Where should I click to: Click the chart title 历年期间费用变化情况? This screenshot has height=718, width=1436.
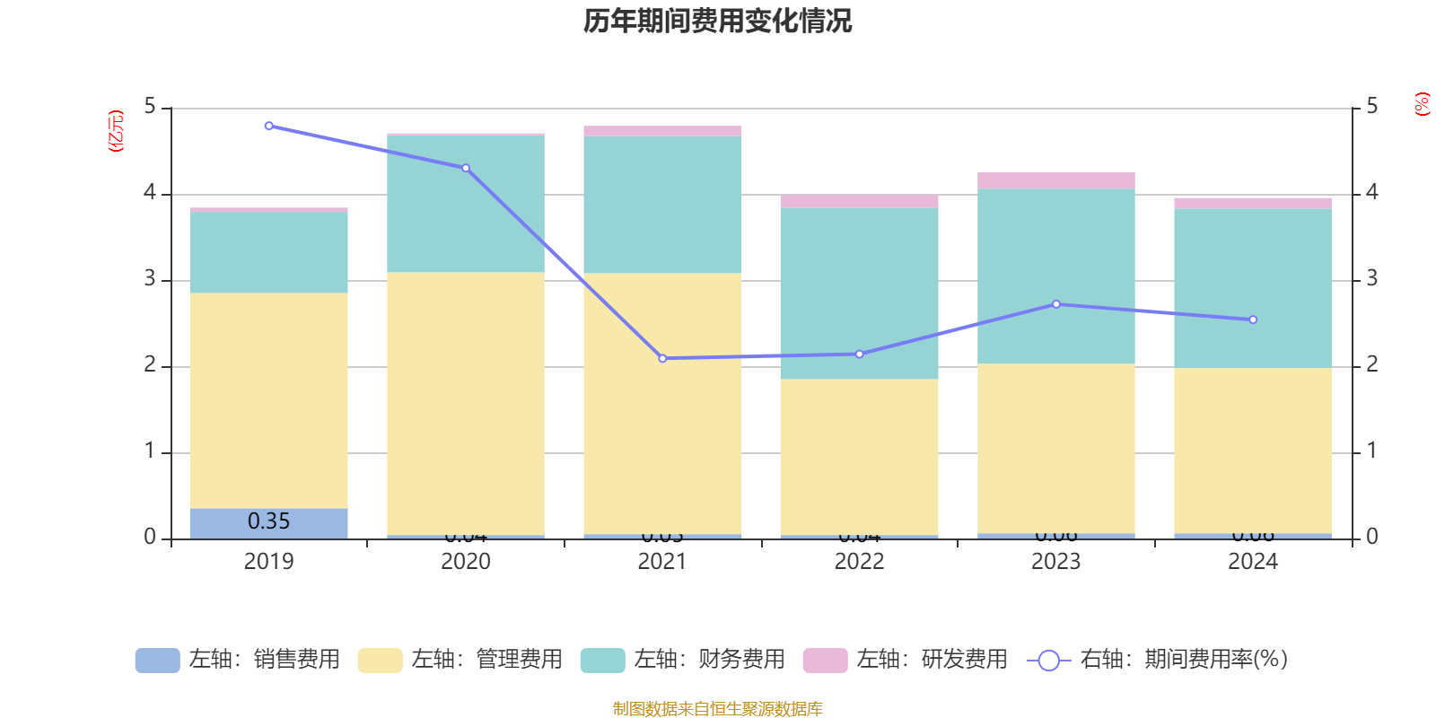[717, 21]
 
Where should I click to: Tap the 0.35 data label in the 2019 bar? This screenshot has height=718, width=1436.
[268, 521]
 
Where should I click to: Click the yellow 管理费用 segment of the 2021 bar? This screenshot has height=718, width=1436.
[662, 404]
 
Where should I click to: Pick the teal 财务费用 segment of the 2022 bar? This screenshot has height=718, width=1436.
[859, 293]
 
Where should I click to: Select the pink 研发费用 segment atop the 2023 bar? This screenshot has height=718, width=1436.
[1055, 180]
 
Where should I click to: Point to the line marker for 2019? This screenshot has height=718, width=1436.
[269, 126]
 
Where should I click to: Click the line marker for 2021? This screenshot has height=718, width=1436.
[662, 358]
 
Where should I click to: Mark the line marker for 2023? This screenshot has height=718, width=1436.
[1055, 304]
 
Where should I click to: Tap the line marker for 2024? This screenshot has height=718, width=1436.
[1253, 320]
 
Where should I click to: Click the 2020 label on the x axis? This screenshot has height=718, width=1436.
[466, 562]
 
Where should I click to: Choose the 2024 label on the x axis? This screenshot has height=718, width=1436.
[1253, 562]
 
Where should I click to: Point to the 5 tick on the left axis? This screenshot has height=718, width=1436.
[150, 107]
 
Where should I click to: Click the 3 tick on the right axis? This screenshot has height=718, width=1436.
[1371, 279]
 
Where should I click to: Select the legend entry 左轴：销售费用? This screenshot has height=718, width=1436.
[238, 660]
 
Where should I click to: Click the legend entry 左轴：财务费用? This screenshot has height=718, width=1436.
[683, 660]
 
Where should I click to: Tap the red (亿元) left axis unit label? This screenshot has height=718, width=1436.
[116, 131]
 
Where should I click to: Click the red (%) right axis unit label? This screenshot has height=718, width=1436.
[1422, 104]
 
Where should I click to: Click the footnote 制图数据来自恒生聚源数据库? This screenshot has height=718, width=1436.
[717, 709]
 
